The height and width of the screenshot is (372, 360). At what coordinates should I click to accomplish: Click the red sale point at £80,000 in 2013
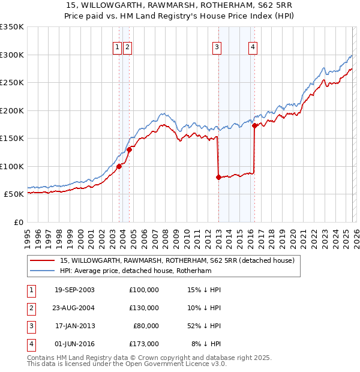pyautogui.click(x=218, y=177)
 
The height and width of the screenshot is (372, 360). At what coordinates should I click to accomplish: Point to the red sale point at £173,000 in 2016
pyautogui.click(x=254, y=125)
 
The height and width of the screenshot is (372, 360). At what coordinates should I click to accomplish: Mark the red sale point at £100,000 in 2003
pyautogui.click(x=119, y=166)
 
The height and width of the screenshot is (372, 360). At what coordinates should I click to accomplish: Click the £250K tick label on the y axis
pyautogui.click(x=12, y=83)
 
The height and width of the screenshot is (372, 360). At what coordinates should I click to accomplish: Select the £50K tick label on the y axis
pyautogui.click(x=14, y=194)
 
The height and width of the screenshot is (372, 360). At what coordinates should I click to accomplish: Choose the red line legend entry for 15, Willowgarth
pyautogui.click(x=176, y=261)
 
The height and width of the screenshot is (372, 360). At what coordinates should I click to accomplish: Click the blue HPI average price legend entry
pyautogui.click(x=136, y=271)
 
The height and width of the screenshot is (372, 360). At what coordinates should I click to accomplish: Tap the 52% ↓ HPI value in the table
pyautogui.click(x=203, y=326)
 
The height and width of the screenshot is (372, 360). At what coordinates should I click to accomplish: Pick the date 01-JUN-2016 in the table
pyautogui.click(x=74, y=344)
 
